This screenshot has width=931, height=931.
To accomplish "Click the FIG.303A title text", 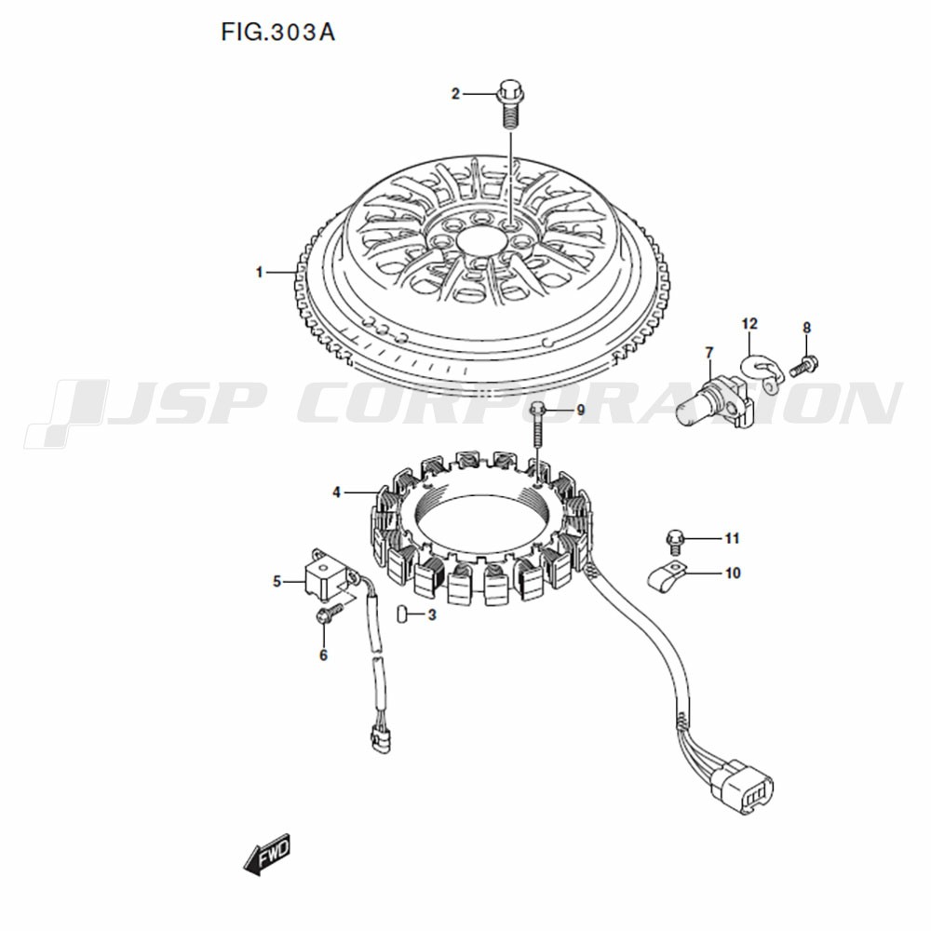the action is point(277,32).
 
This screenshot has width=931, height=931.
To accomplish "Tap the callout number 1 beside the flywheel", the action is point(259,273).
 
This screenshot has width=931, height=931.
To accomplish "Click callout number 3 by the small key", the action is point(432,615).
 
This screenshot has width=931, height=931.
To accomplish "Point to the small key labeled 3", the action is point(402,614).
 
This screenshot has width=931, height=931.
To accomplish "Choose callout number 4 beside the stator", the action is point(337,492).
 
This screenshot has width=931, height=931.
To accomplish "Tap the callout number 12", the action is point(749,324).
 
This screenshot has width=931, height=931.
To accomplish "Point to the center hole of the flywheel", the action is point(483,243).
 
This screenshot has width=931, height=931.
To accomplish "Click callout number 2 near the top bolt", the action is point(455,94).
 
